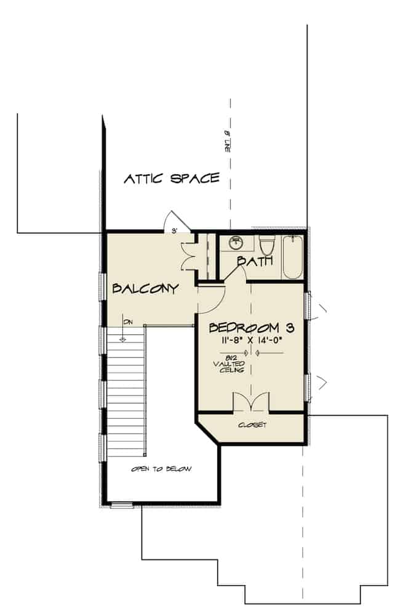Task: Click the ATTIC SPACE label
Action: pyautogui.click(x=172, y=179)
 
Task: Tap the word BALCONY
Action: pyautogui.click(x=145, y=288)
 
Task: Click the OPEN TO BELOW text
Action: pyautogui.click(x=161, y=469)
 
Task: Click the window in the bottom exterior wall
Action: pyautogui.click(x=121, y=506)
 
